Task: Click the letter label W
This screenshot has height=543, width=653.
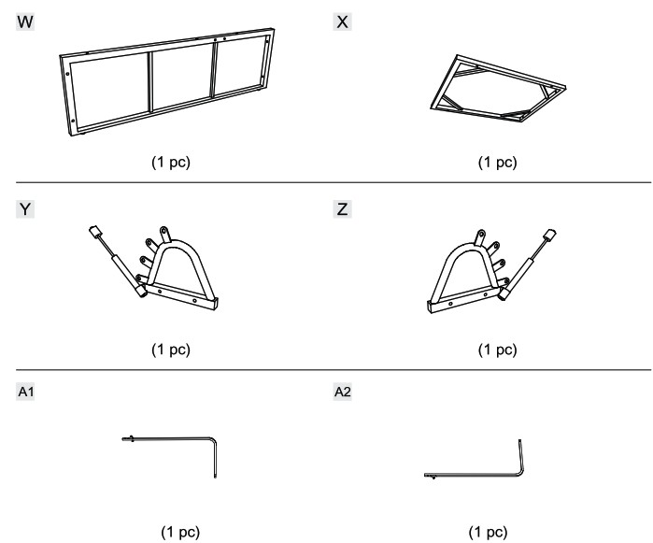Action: [x=25, y=21]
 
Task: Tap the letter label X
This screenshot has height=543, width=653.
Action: [x=342, y=21]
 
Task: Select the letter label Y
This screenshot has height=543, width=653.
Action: [x=25, y=208]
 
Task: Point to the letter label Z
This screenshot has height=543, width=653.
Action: [x=342, y=208]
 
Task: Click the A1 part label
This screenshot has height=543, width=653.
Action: [x=25, y=392]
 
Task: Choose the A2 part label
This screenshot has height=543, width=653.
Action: [x=342, y=392]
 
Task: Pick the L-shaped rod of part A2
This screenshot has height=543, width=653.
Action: [x=475, y=475]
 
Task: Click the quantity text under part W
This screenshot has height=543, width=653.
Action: [x=171, y=162]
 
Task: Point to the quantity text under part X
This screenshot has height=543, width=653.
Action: [x=497, y=162]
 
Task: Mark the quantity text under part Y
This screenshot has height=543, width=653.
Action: [x=171, y=349]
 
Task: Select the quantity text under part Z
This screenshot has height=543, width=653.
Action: [x=497, y=349]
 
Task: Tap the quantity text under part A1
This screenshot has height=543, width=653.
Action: [x=180, y=532]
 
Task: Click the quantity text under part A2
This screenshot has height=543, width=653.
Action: [x=488, y=532]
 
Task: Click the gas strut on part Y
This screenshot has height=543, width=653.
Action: [x=118, y=262]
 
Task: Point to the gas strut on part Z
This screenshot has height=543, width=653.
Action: [x=527, y=264]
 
